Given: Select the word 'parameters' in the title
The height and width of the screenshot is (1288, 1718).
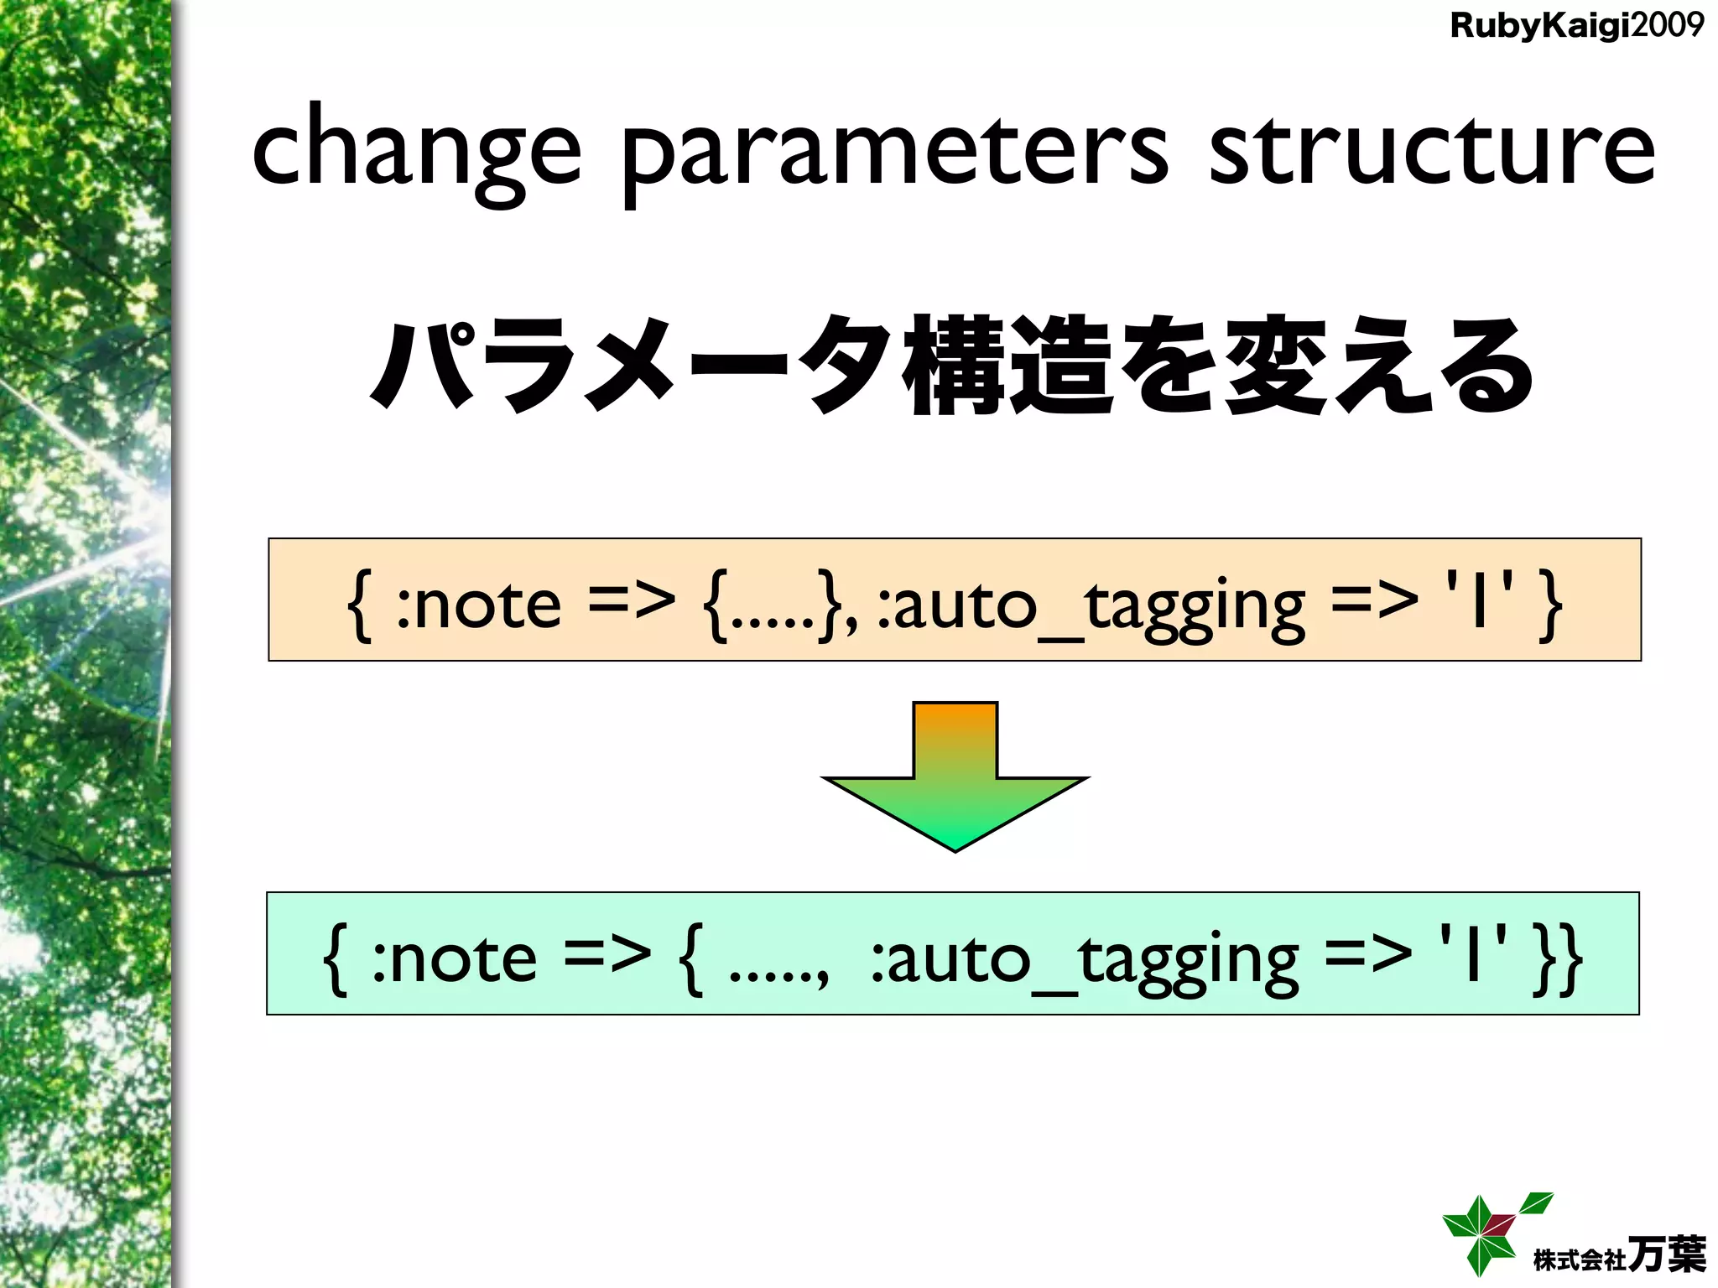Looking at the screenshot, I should click(894, 151).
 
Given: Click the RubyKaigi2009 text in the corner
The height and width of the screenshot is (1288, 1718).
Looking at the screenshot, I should click(1576, 26).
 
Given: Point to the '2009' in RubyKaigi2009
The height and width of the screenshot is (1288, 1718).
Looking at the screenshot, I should click(1668, 25).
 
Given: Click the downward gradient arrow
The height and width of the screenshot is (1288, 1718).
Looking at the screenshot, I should click(955, 780).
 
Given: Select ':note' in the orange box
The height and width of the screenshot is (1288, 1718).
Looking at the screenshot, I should click(478, 605).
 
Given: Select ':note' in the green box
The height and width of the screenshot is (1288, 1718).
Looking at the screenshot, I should click(454, 958).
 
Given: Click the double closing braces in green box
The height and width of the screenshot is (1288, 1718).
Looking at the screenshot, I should click(1557, 958).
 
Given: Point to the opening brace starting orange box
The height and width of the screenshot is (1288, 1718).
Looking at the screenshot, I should click(359, 603).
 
